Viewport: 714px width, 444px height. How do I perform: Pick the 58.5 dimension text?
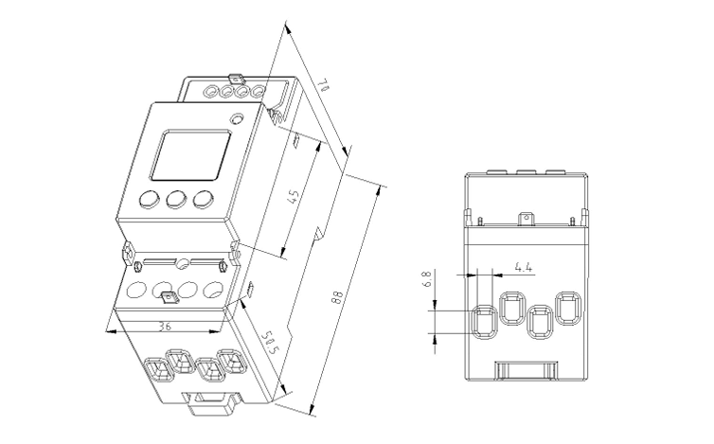268,346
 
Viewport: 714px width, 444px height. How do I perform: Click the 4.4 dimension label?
523,267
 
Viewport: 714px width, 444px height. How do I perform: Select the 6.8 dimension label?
427,280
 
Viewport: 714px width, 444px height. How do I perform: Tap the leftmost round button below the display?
149,200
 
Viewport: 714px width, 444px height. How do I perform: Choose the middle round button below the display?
175,200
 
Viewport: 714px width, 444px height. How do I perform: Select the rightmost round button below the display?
202,199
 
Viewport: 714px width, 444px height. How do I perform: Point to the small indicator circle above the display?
237,120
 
